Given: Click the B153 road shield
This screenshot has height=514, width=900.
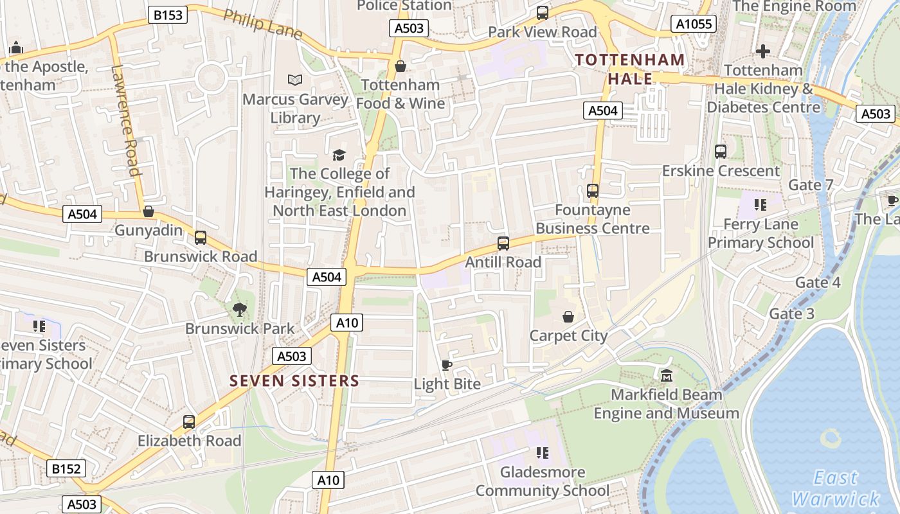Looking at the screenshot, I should click(x=167, y=15).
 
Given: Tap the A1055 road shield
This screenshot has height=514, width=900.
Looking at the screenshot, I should click(x=694, y=24).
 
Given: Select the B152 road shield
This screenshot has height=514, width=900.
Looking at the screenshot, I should click(x=66, y=469).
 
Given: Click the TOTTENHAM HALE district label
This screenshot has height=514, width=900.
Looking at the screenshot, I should click(x=630, y=69).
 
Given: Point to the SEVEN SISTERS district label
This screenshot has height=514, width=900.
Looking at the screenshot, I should click(x=294, y=381).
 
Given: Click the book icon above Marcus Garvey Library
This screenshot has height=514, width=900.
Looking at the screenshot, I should click(x=295, y=80).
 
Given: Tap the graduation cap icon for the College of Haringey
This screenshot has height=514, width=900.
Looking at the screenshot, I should click(x=339, y=155).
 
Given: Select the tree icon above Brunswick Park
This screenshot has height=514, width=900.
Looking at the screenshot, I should click(x=240, y=310).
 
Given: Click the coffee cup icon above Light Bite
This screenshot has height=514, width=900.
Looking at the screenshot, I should click(x=447, y=366).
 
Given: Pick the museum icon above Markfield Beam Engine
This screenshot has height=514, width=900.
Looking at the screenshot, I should click(x=666, y=375).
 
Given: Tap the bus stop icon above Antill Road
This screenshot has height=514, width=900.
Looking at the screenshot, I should click(x=503, y=244).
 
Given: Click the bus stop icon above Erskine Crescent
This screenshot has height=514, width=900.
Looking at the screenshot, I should click(x=721, y=152).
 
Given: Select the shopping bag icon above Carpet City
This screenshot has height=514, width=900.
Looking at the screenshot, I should click(x=568, y=317).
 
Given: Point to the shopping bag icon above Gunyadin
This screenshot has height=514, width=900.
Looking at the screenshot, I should click(x=148, y=211).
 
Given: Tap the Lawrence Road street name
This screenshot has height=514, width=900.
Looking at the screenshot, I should click(x=125, y=120).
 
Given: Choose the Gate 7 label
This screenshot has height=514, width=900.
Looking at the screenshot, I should click(x=811, y=185).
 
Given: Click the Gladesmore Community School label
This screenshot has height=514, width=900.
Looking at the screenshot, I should click(x=542, y=482).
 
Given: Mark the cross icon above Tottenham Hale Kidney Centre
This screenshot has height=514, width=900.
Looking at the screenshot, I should click(x=763, y=51).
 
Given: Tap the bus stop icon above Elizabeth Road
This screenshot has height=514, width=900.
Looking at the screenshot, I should click(x=189, y=422).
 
